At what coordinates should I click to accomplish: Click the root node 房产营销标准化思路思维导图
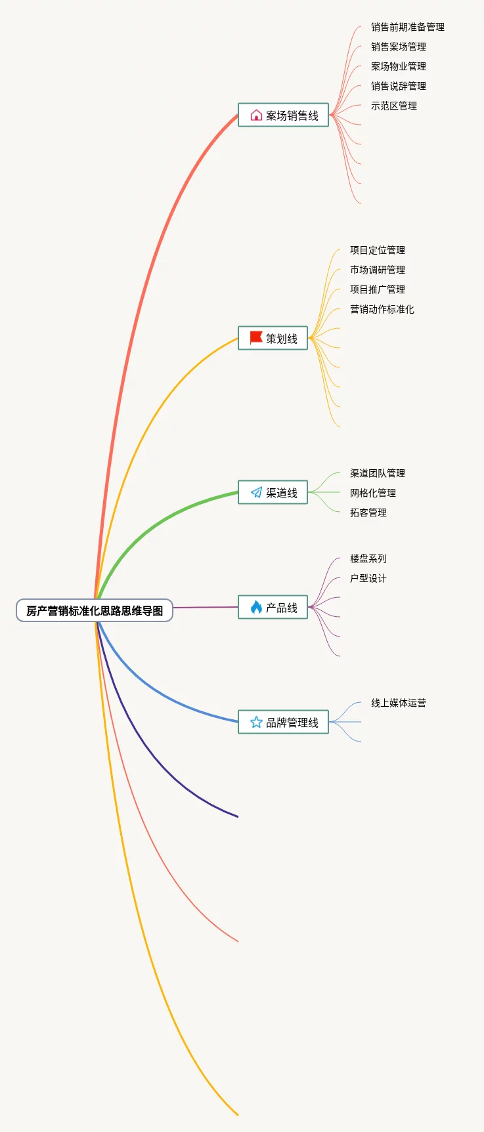[95, 610]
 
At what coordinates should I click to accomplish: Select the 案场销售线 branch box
[283, 115]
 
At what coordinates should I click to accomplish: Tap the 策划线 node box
[273, 338]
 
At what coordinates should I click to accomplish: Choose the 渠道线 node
[273, 492]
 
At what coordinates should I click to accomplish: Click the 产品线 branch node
[273, 607]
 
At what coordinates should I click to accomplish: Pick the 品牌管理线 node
[283, 722]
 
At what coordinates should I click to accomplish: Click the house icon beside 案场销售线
[256, 115]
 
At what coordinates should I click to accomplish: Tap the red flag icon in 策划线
[256, 338]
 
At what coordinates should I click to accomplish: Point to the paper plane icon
[256, 492]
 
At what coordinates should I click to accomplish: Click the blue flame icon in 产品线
[256, 607]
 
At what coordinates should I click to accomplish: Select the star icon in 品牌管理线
[256, 722]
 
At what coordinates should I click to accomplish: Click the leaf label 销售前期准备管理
[408, 27]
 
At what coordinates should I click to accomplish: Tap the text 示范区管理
[394, 106]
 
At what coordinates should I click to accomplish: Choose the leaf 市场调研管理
[378, 270]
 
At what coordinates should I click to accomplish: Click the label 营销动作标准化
[382, 309]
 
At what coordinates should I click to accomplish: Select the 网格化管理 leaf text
[373, 493]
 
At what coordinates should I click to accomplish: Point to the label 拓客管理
[368, 513]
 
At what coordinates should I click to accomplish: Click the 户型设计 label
[368, 578]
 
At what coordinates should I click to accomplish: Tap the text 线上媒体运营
[399, 703]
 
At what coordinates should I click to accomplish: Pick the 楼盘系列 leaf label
[368, 558]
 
